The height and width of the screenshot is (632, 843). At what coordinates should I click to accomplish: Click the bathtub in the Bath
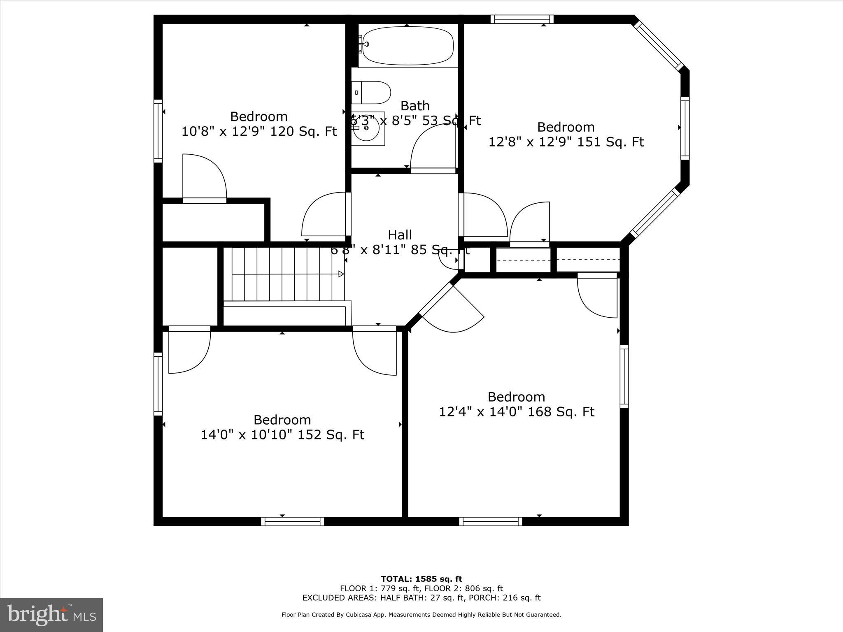click(407, 46)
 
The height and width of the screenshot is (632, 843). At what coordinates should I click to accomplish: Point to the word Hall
click(400, 235)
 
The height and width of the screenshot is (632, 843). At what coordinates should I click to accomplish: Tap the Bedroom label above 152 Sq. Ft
click(282, 420)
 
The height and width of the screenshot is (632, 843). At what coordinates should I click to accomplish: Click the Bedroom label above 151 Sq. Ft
click(566, 127)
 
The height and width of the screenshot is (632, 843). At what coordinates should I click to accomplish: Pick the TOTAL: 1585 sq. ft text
click(421, 579)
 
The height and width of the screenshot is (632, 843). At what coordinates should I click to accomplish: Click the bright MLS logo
click(51, 615)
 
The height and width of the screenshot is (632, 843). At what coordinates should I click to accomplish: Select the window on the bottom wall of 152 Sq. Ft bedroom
click(293, 522)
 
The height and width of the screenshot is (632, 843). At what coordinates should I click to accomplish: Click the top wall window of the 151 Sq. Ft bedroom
click(522, 19)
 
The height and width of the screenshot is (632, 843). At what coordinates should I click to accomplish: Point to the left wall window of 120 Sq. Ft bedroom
click(158, 130)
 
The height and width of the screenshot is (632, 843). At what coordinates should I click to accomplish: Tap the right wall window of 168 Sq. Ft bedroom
click(624, 376)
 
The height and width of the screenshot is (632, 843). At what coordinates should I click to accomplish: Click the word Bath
click(415, 106)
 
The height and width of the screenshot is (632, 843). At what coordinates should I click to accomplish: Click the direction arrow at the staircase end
click(341, 274)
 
